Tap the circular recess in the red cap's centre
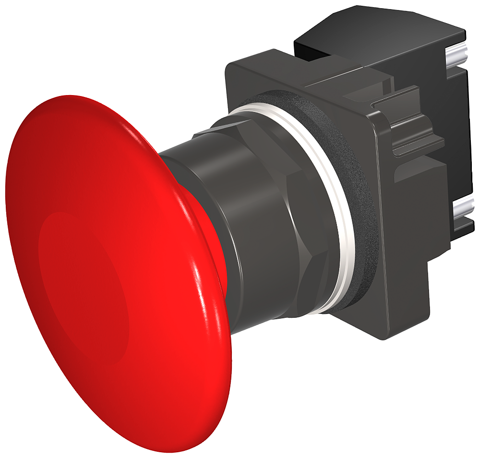tap(84, 283)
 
